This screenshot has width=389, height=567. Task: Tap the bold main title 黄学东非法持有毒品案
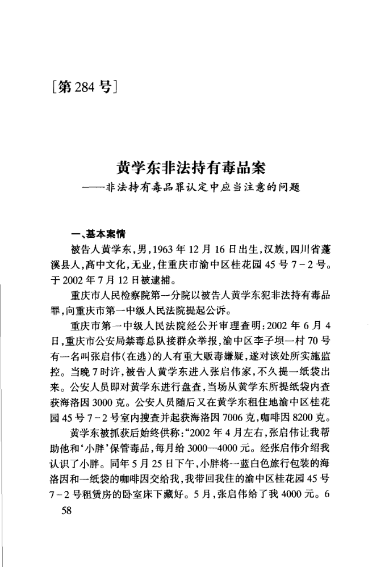point(192,169)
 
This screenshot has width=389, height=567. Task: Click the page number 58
point(66,511)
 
